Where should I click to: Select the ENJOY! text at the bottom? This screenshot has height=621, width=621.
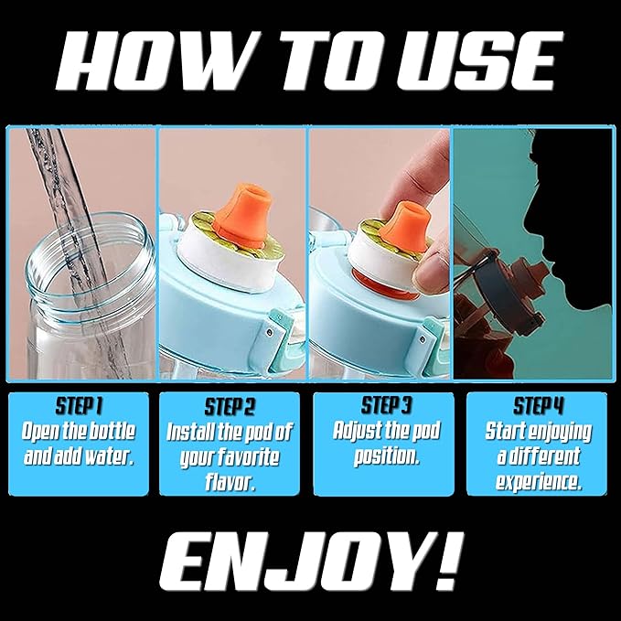[309, 560]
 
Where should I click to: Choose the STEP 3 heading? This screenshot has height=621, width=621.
[388, 404]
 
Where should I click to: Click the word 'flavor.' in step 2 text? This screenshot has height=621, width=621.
[230, 480]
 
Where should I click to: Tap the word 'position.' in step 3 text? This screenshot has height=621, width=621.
[387, 455]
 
